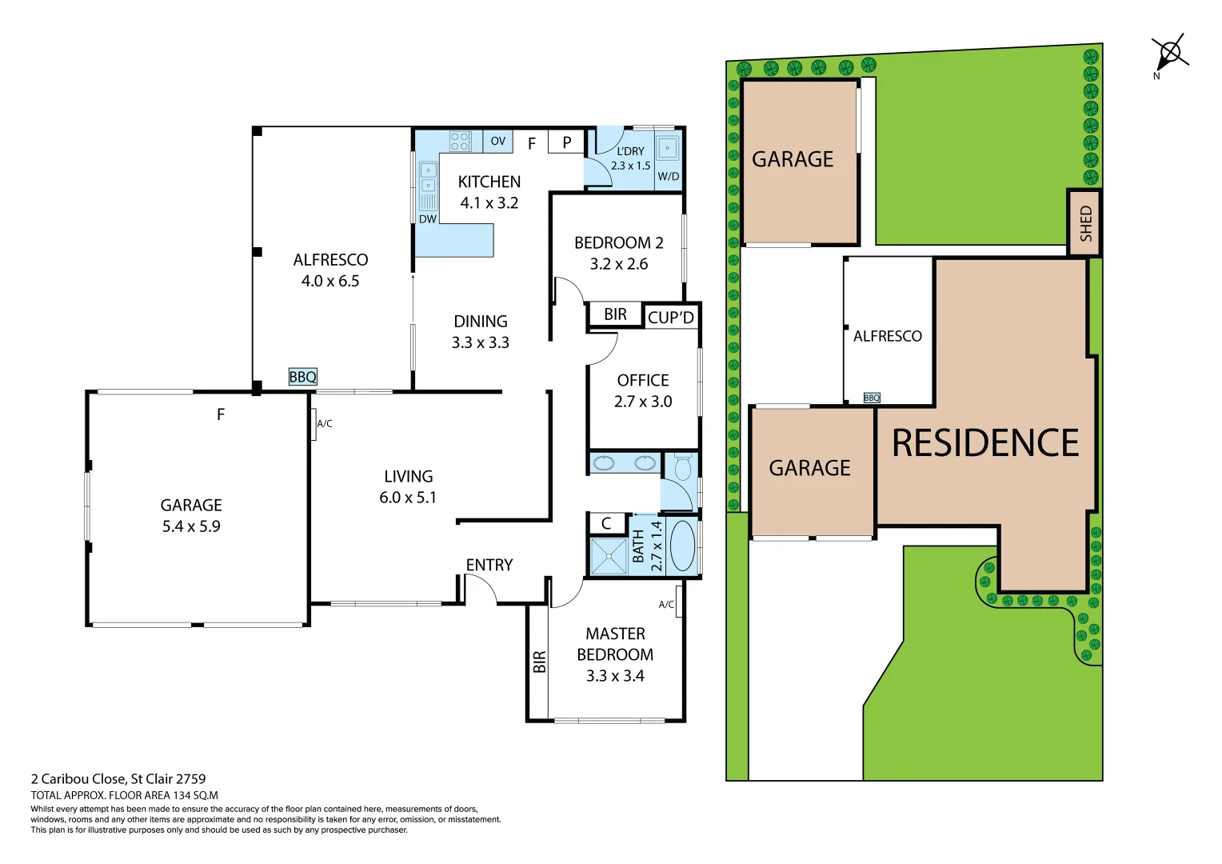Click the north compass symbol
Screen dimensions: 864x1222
[x=1169, y=54]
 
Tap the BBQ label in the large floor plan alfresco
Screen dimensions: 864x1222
[x=302, y=377]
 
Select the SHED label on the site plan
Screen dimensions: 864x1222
[x=1085, y=223]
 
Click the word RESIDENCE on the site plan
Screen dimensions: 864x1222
[x=985, y=443]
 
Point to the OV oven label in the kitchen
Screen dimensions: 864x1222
[x=497, y=142]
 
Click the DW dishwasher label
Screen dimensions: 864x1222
[x=428, y=219]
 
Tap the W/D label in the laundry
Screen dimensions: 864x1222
[x=668, y=177]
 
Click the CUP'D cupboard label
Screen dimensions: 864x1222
[x=671, y=318]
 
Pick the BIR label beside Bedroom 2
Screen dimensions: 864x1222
[x=615, y=314]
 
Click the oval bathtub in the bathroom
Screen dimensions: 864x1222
[x=682, y=546]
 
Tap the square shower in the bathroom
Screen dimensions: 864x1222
[x=609, y=556]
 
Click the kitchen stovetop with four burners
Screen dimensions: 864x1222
[x=460, y=142]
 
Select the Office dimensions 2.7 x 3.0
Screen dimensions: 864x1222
[x=643, y=402]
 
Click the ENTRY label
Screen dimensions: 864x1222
[x=489, y=566]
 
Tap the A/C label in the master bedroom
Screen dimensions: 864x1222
[x=666, y=605]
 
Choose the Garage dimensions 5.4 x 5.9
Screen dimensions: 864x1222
[x=191, y=526]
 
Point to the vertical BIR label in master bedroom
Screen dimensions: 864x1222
[x=540, y=662]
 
